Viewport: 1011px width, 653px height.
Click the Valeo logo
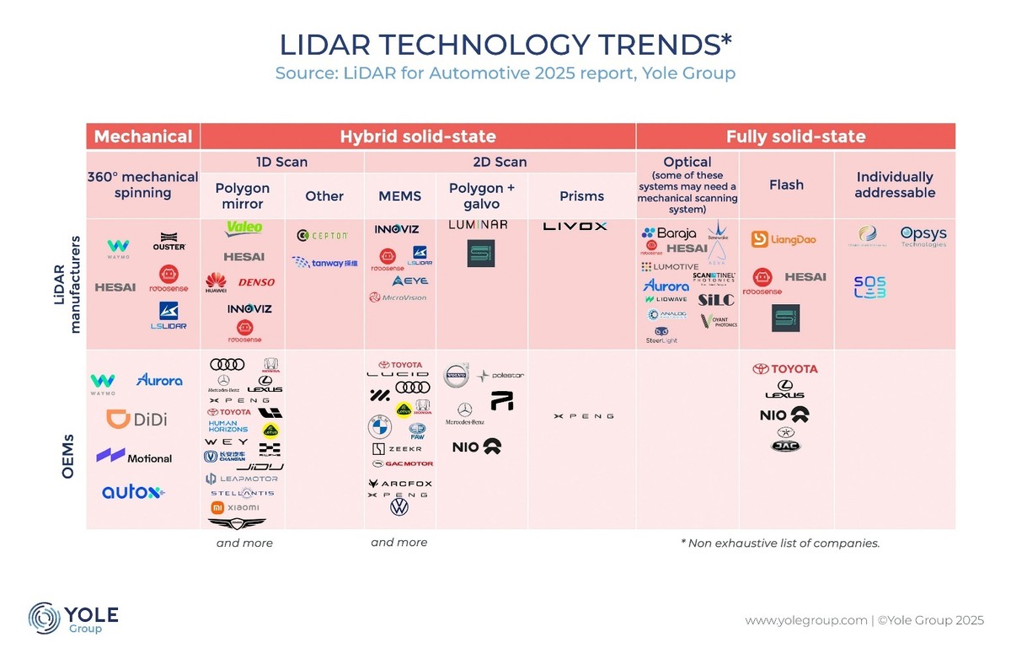(244, 227)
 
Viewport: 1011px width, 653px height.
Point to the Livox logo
(575, 226)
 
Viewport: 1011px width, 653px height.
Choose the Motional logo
(134, 457)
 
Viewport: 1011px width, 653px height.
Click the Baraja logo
(670, 233)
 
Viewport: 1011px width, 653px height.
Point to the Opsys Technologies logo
(923, 236)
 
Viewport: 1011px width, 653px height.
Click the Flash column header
(786, 185)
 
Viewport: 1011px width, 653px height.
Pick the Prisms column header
(582, 196)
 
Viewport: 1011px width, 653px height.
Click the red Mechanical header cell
(143, 136)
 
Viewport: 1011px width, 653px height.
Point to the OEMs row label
(67, 457)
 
